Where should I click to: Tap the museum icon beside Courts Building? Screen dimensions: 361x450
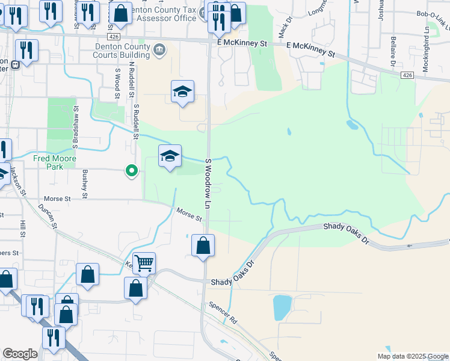click(159, 49)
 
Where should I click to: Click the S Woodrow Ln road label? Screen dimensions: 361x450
click(207, 184)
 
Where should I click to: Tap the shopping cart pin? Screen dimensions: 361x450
click(144, 262)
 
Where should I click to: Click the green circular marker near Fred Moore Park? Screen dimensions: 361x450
click(131, 171)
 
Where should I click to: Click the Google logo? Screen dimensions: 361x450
click(20, 354)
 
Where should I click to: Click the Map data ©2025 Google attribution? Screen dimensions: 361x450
click(413, 356)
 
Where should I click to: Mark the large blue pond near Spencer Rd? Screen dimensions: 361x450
click(282, 307)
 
